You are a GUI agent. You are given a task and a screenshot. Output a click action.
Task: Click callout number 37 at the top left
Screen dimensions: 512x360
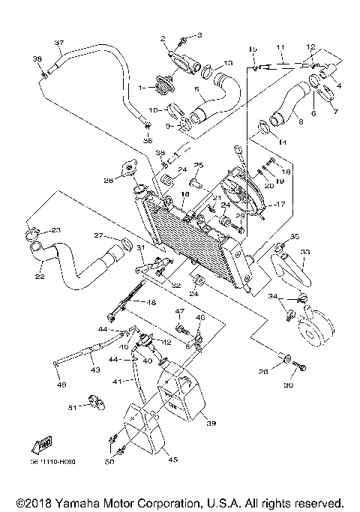tap(59, 42)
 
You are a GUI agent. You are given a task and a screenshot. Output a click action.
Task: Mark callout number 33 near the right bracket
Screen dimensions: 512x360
tap(304, 253)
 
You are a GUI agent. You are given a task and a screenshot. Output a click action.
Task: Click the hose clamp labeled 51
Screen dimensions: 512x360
tap(96, 405)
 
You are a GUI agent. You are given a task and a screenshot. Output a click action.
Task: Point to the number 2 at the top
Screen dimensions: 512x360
tap(161, 37)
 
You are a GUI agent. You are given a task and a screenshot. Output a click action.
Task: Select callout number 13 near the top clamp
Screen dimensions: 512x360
tap(228, 63)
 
